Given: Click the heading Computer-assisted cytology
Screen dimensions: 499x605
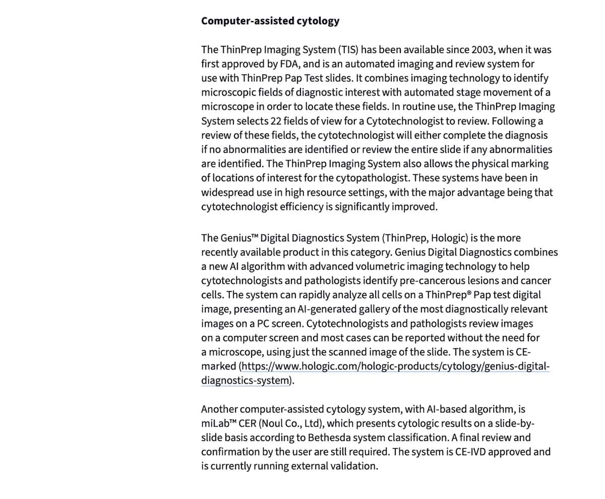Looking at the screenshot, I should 270,21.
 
